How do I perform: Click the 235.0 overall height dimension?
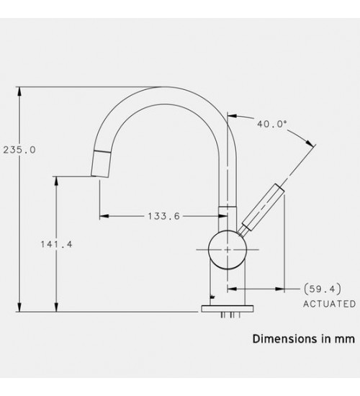(x=19, y=150)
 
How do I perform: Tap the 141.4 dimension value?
(x=57, y=244)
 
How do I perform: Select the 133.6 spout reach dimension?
(x=163, y=216)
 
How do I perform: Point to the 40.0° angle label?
(x=272, y=124)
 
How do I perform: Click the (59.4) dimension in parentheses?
(x=322, y=289)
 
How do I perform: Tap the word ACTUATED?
(x=330, y=304)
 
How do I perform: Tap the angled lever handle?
(x=263, y=207)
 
